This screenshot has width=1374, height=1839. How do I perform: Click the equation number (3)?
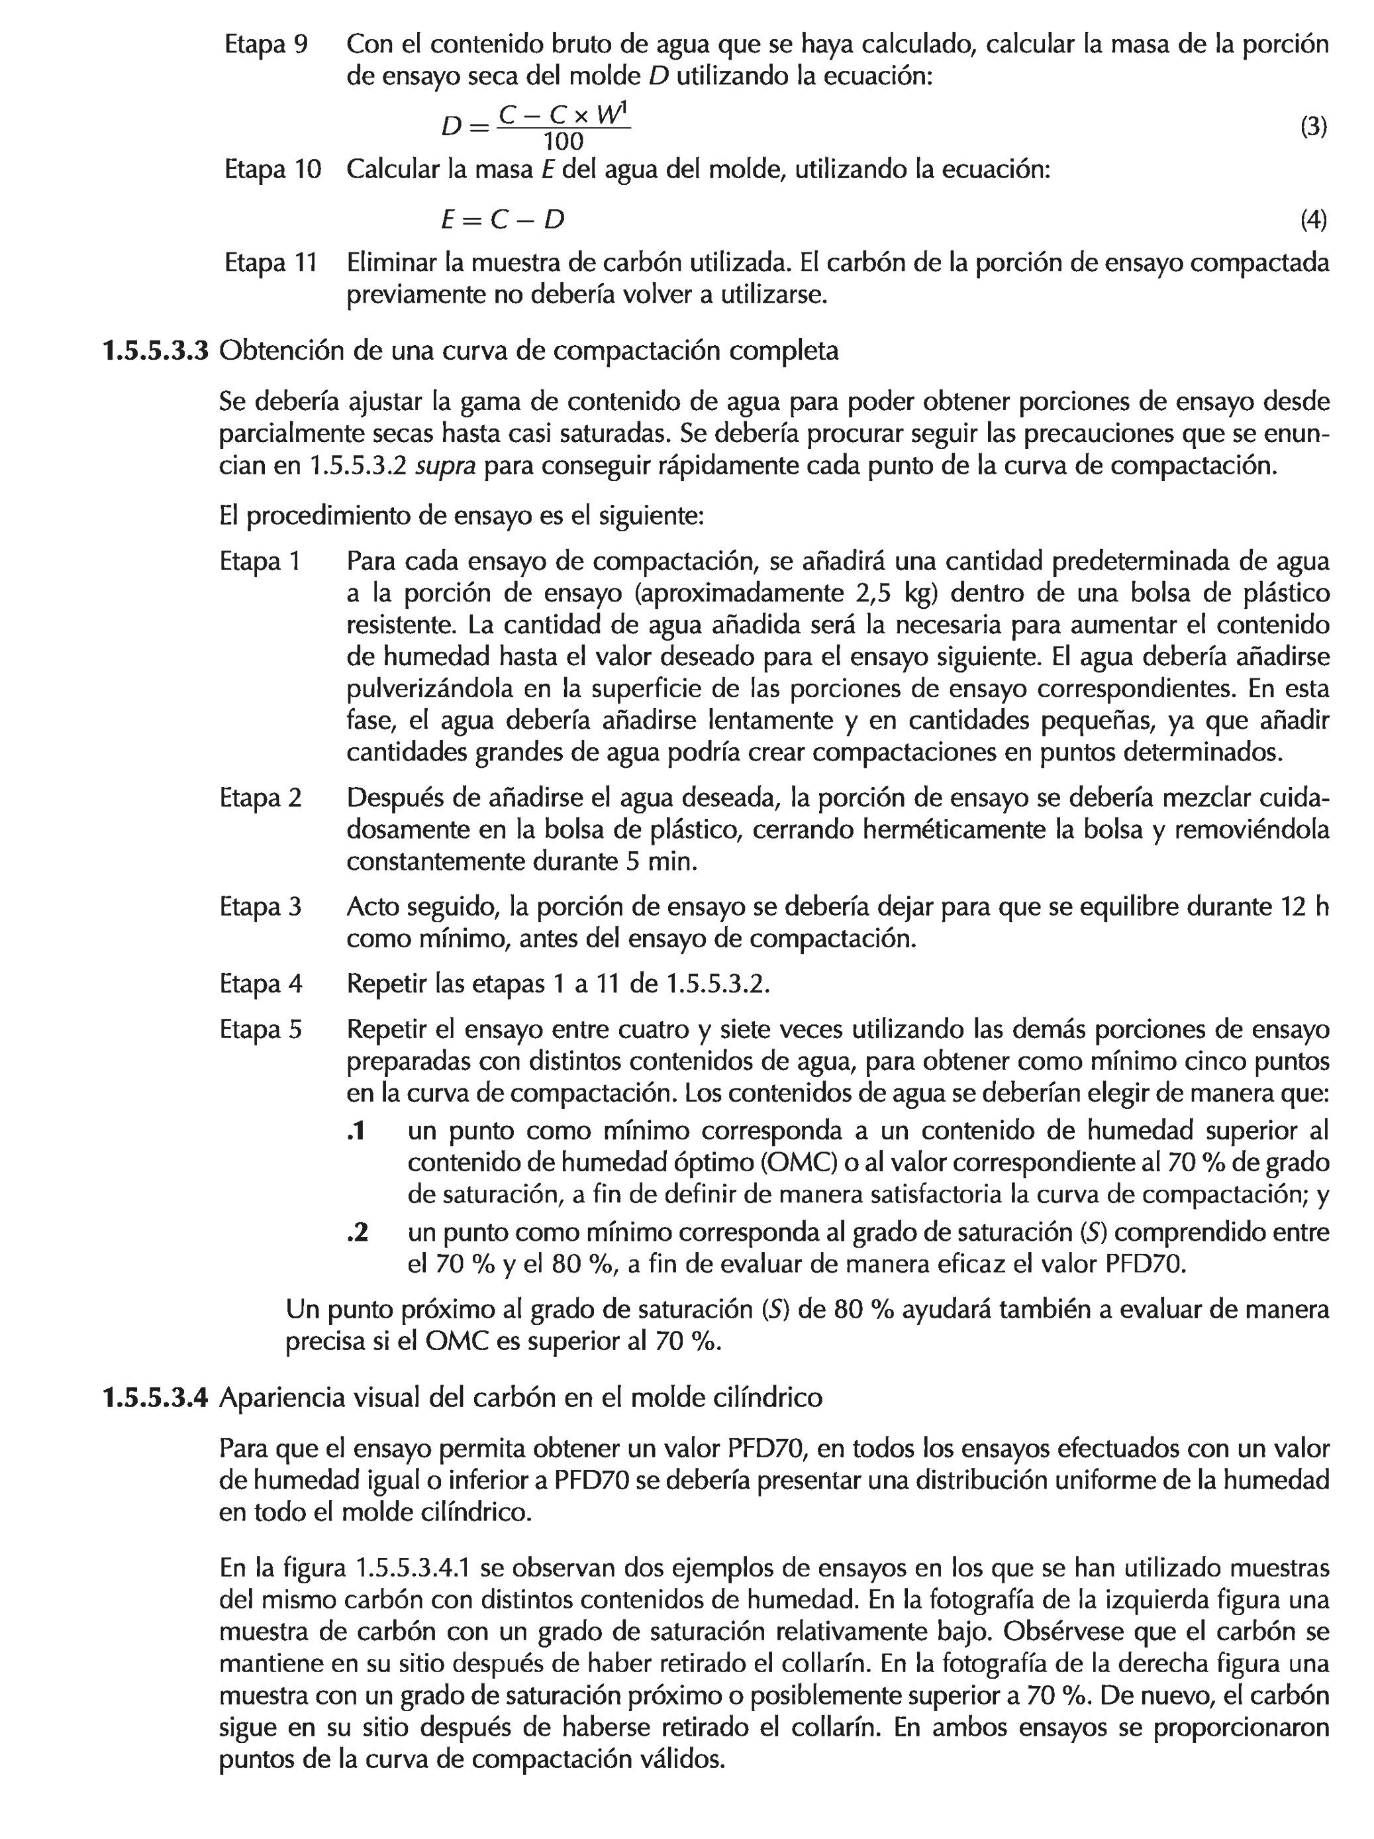1312,127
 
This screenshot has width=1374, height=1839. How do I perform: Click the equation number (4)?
1312,221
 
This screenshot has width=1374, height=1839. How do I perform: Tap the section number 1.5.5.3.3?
154,351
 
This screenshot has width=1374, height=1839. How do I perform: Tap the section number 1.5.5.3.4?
154,1398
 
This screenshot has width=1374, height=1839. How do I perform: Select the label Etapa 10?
271,170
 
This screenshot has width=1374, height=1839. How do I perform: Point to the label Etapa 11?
270,263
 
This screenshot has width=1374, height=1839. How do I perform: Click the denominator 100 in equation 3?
563,142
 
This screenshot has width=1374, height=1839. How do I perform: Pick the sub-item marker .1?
357,1131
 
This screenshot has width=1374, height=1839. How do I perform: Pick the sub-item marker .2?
357,1233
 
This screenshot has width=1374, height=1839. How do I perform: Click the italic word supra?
445,466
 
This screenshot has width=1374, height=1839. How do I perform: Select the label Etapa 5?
260,1030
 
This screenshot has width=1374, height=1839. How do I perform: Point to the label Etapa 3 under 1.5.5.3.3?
260,907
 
